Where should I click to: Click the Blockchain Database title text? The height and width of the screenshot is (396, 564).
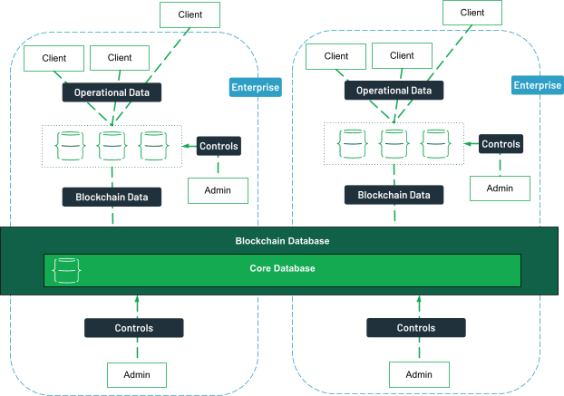point(282,241)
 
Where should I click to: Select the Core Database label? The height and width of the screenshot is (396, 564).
point(282,268)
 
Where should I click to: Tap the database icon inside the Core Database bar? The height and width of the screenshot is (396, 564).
point(66,271)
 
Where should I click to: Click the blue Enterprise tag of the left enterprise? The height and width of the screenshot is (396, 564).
point(256,87)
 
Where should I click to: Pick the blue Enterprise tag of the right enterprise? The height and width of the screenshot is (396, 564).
point(538,85)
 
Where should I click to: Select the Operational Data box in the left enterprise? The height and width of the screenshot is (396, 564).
point(112,92)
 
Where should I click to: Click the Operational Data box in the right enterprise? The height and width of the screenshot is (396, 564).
point(394,91)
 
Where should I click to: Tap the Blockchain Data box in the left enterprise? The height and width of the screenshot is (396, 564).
point(112,197)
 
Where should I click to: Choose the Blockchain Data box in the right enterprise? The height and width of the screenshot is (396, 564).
point(394,195)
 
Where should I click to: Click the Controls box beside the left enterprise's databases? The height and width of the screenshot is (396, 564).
point(219,146)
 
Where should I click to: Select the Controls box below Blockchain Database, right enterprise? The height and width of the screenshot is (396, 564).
point(416,328)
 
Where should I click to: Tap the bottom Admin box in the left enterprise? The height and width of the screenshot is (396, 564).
point(137,375)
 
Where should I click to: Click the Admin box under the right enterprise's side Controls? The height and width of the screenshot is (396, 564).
point(500,188)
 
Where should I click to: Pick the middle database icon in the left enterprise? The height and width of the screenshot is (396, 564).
point(112,146)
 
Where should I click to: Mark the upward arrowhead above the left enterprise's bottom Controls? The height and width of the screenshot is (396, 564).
point(137,299)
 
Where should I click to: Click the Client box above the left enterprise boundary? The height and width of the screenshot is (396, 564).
point(190,14)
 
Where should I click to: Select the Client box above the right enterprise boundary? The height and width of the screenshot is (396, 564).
point(472,13)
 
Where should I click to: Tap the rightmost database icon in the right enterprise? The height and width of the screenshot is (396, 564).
point(435,144)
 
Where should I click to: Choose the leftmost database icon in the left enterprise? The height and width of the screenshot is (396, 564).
point(70,146)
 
